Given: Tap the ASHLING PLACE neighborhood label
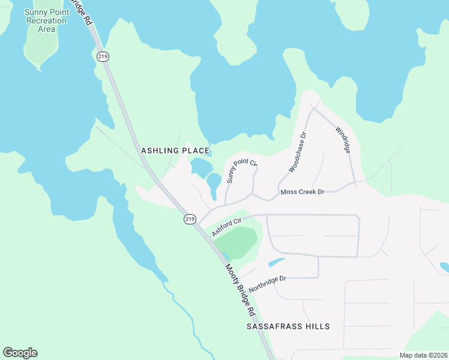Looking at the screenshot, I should pyautogui.click(x=175, y=151).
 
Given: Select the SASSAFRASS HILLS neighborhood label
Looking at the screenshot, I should pyautogui.click(x=288, y=326).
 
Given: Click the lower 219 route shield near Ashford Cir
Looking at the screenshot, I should pyautogui.click(x=190, y=219).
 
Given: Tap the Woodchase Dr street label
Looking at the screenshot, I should pyautogui.click(x=297, y=153).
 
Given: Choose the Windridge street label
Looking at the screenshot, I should pyautogui.click(x=342, y=139).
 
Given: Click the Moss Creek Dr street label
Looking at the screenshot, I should pyautogui.click(x=303, y=192).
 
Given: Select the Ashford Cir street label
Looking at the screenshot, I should pyautogui.click(x=226, y=227).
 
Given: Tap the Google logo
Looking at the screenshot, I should pyautogui.click(x=20, y=353).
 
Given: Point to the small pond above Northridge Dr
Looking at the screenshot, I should pyautogui.click(x=276, y=262).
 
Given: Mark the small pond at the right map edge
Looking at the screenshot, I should pyautogui.click(x=444, y=267).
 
